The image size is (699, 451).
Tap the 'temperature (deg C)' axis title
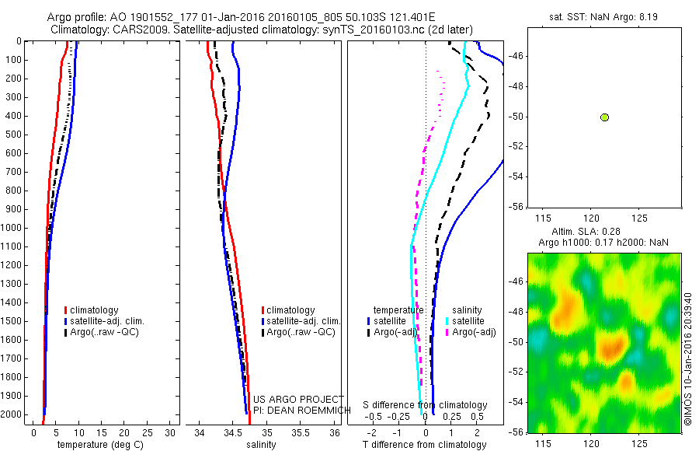point(99,445)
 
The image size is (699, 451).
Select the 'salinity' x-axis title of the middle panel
point(263,445)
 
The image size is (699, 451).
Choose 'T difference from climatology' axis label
point(424,445)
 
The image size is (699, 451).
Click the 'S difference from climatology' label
point(426,405)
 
